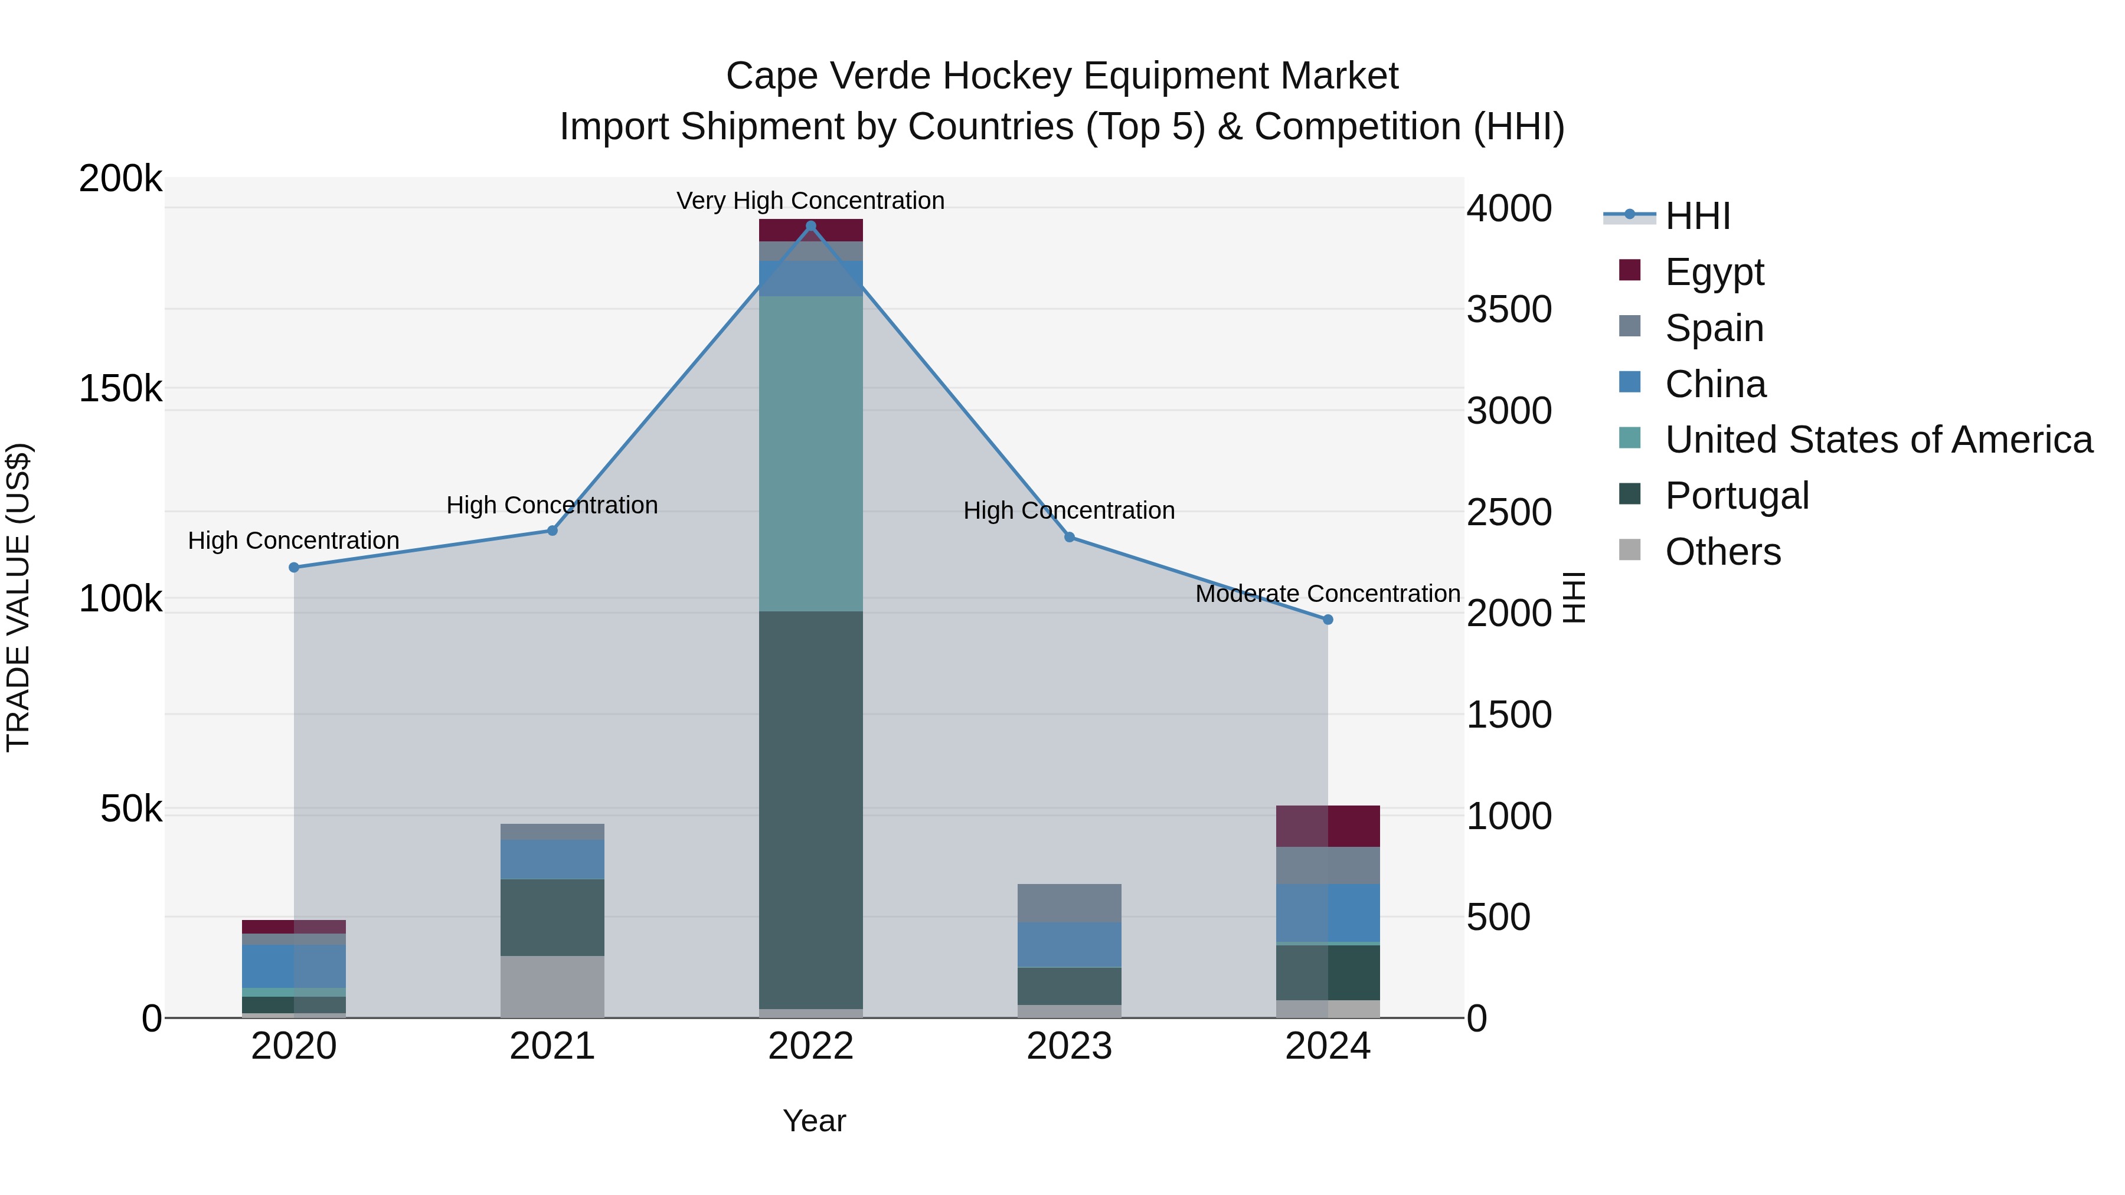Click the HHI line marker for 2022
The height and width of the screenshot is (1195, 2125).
tap(810, 226)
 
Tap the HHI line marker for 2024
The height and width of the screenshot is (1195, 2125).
tap(1328, 620)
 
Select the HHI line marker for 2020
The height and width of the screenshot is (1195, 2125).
tap(294, 567)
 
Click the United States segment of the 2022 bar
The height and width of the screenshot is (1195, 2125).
tap(810, 454)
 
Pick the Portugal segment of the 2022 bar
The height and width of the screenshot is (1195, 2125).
tap(810, 808)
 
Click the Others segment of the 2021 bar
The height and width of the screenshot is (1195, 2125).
tap(552, 986)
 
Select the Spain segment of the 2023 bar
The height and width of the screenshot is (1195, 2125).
tap(1069, 903)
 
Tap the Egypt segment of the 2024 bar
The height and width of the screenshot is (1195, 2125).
tap(1328, 826)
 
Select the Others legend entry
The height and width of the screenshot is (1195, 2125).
tap(1722, 552)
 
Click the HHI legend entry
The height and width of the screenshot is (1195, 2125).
tap(1697, 216)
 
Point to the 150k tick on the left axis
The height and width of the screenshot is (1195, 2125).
tap(120, 388)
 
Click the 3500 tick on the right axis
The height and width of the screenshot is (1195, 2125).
tap(1509, 309)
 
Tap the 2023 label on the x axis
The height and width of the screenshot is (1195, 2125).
tap(1069, 1046)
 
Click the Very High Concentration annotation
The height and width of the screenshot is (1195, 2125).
tap(810, 201)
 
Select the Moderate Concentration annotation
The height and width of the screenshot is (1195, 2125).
tap(1328, 594)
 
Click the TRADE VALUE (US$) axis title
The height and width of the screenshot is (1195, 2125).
tap(18, 597)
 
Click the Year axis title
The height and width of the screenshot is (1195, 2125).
tap(813, 1121)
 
